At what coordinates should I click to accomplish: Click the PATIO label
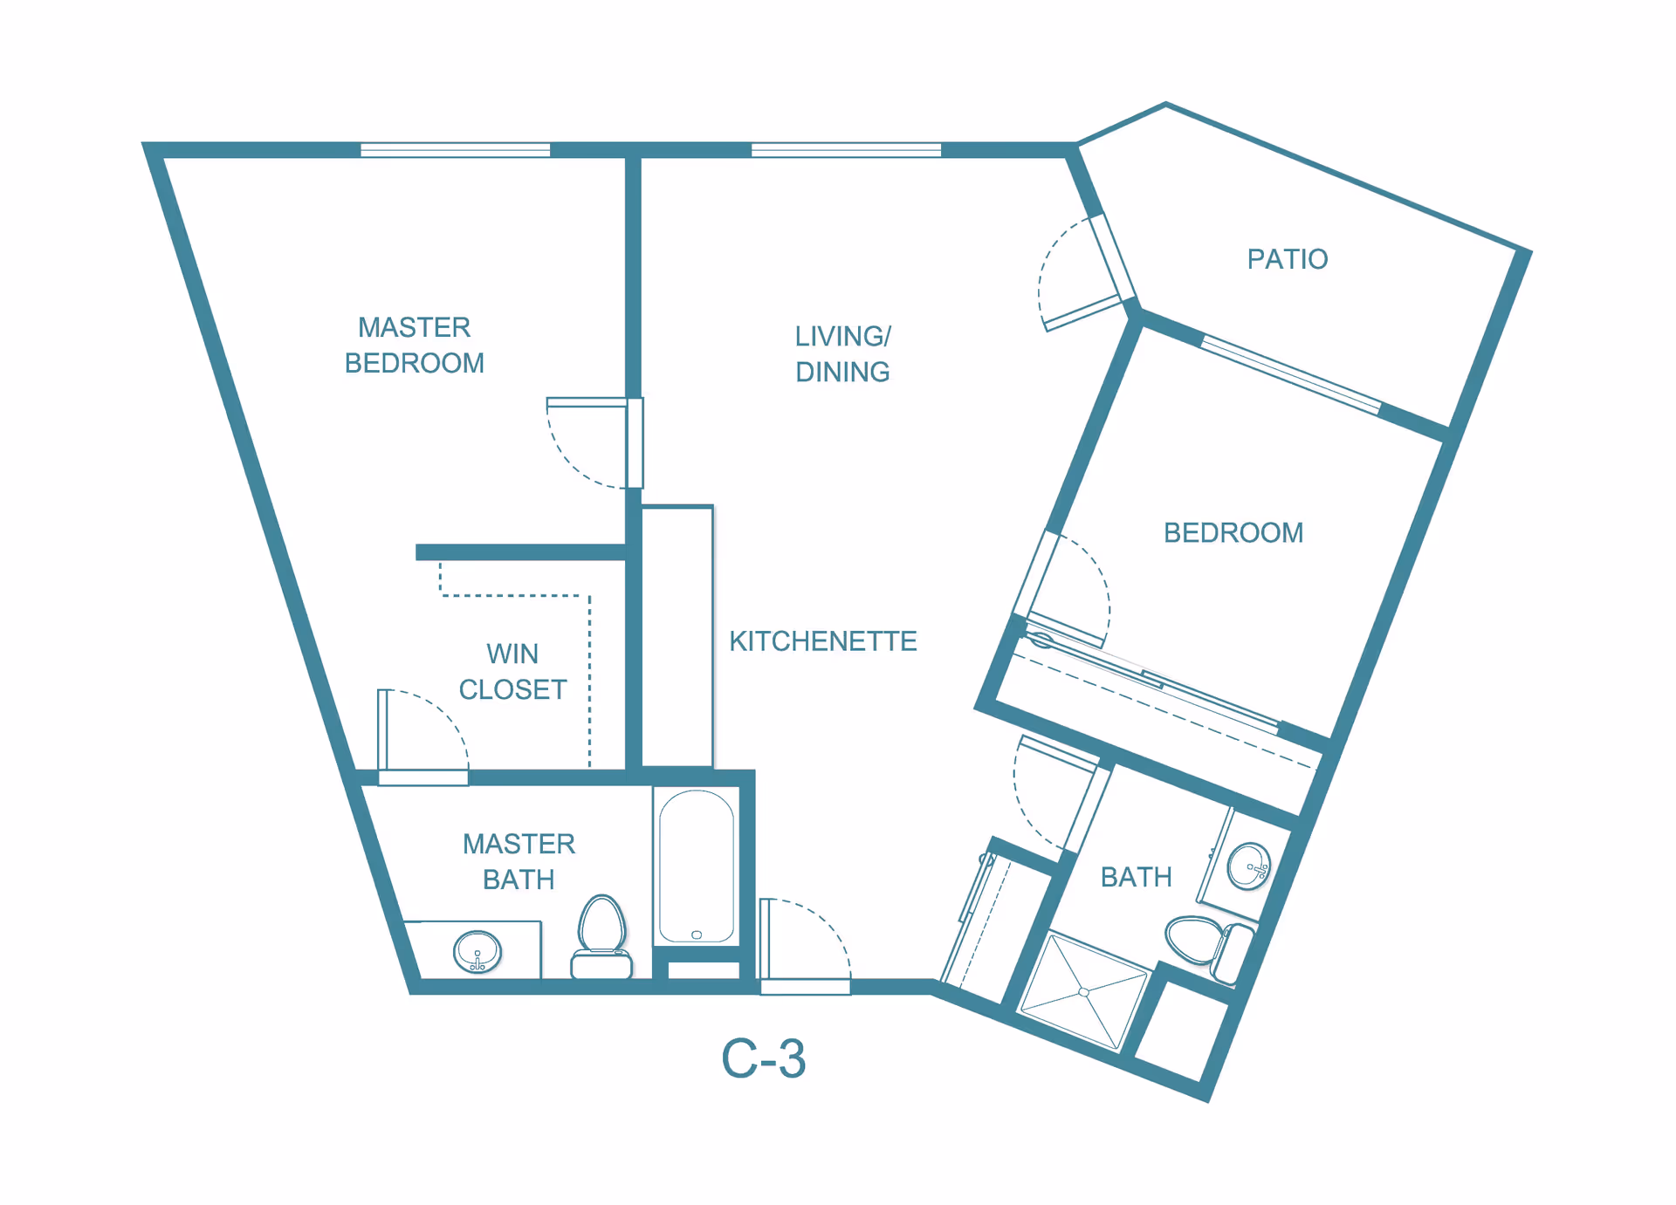tap(1287, 259)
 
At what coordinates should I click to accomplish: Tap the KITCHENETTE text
tap(822, 641)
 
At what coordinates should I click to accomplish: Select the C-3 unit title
tap(763, 1058)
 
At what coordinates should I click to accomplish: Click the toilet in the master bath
tap(601, 938)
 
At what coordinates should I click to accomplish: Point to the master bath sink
tap(477, 952)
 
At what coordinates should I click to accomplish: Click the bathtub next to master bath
tap(697, 866)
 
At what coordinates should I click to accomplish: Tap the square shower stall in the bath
tap(1083, 992)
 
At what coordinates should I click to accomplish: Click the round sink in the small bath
tap(1248, 866)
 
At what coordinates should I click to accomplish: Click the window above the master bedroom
tap(455, 150)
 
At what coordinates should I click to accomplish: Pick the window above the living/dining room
tap(846, 150)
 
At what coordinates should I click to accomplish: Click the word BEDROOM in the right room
tap(1233, 533)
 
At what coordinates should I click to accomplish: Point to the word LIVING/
tap(842, 337)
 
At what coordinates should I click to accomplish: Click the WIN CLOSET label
tap(512, 672)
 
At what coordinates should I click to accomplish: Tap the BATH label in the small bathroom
tap(1136, 877)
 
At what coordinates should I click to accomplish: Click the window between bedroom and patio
tap(1290, 374)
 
